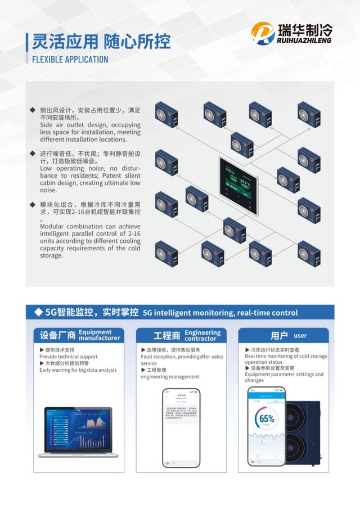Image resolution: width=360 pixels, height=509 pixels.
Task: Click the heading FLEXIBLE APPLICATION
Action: pos(70,60)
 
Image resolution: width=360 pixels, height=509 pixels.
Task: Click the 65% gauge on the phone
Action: pos(267,419)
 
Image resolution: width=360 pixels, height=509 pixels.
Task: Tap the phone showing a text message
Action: pos(181,427)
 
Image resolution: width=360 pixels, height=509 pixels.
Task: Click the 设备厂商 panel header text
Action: pos(57,336)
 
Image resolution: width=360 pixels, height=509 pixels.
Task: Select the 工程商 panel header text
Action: pos(167,336)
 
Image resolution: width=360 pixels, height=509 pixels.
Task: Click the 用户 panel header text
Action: pos(279,336)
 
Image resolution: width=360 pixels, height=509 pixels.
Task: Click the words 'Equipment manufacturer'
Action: pos(99,335)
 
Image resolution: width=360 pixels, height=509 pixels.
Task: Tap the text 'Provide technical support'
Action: pos(68,357)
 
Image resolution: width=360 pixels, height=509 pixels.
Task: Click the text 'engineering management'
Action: pos(170,377)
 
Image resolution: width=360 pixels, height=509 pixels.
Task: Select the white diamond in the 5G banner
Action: pos(38,312)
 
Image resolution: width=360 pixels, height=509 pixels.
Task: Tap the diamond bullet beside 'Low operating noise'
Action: pos(33,153)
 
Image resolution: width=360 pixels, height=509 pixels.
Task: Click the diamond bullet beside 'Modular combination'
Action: pos(33,206)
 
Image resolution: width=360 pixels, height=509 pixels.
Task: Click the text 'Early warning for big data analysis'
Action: pos(78,370)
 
